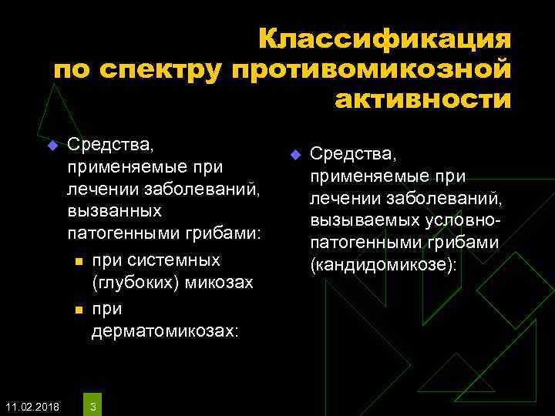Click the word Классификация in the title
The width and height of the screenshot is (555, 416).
(x=384, y=39)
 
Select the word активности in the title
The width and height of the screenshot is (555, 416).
(x=423, y=99)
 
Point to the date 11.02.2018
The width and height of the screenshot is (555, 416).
(x=30, y=405)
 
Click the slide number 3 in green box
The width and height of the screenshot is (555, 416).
(x=92, y=405)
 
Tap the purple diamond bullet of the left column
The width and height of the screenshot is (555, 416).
(x=51, y=146)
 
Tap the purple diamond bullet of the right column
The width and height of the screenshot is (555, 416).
(x=294, y=156)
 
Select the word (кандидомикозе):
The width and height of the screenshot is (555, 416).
(x=383, y=265)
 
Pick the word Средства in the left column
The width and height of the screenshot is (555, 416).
(x=111, y=143)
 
